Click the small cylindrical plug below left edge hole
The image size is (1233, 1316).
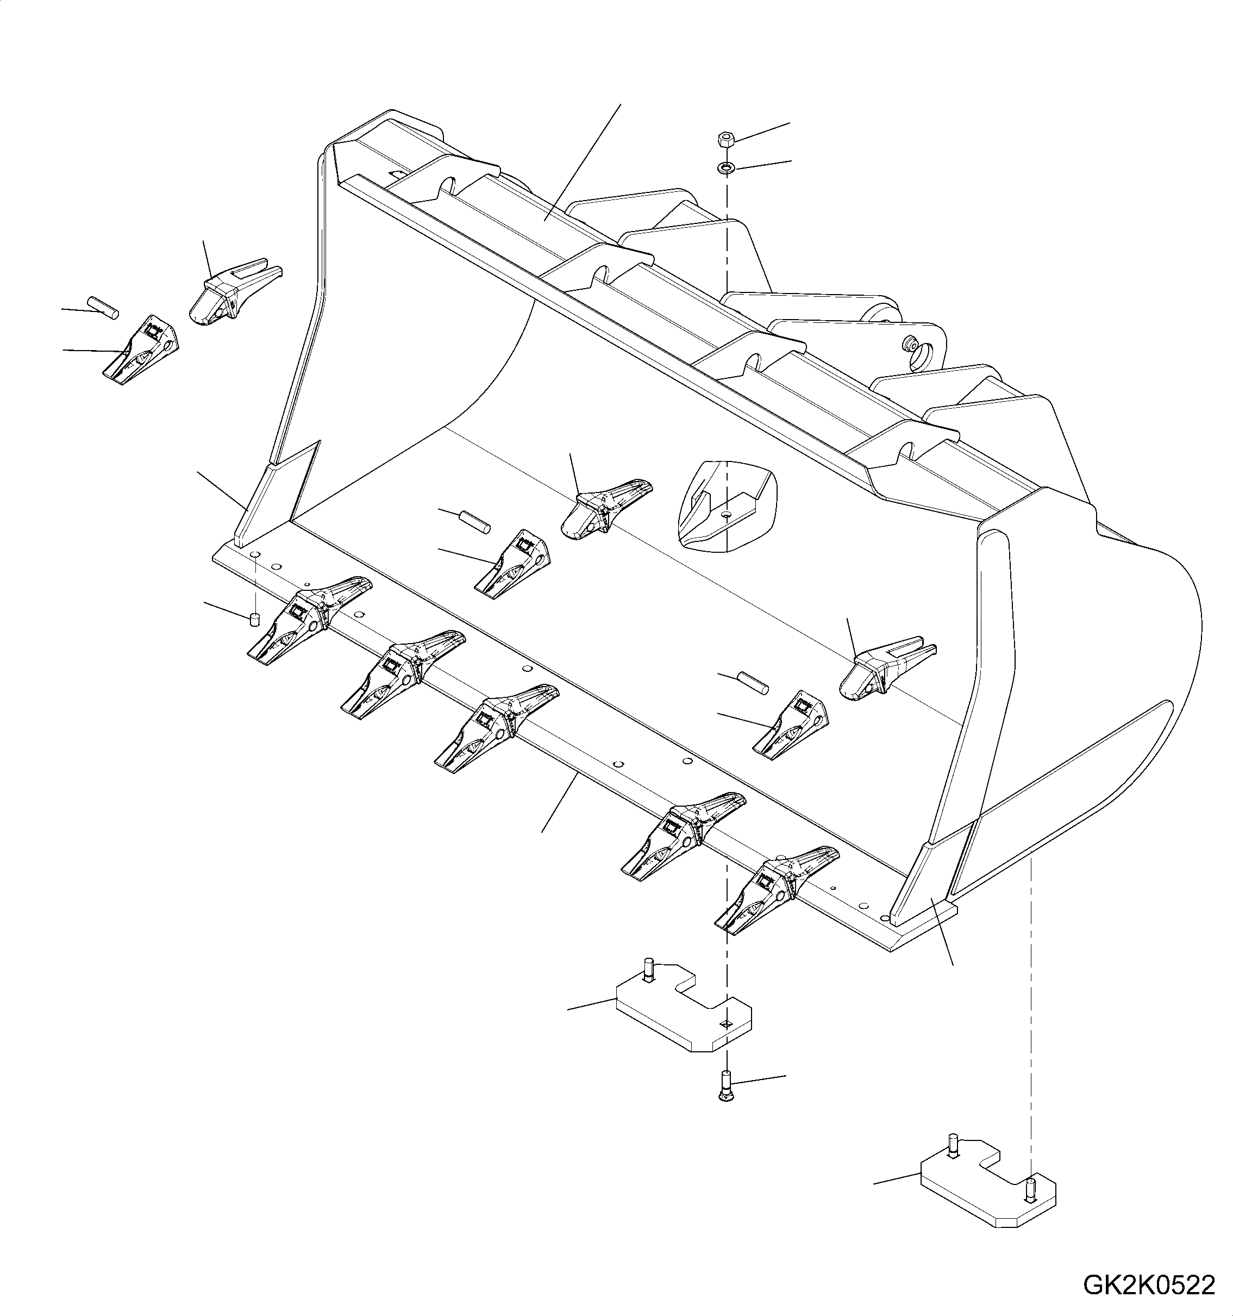click(x=253, y=620)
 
